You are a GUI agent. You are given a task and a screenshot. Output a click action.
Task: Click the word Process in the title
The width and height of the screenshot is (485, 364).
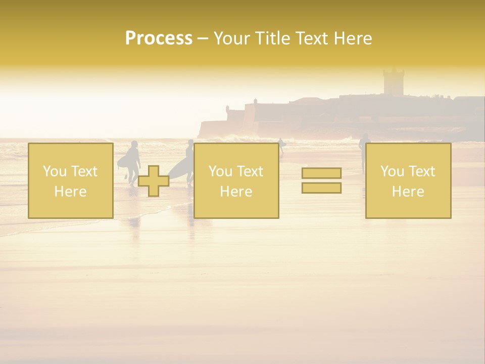tap(159, 38)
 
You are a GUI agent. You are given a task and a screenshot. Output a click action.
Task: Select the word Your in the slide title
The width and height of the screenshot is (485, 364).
tap(233, 38)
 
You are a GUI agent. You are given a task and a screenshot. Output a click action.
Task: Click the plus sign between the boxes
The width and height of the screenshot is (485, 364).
tap(154, 181)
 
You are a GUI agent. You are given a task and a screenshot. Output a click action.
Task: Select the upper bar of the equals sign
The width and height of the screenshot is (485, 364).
tap(321, 173)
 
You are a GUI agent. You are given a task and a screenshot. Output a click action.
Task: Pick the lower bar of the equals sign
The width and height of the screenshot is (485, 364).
tap(321, 188)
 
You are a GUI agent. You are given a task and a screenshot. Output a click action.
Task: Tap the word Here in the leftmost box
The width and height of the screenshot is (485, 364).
tap(70, 192)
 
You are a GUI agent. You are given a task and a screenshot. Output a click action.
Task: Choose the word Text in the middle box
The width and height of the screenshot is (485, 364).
tap(250, 171)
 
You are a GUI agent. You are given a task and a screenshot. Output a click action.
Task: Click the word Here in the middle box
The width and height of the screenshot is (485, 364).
tap(236, 192)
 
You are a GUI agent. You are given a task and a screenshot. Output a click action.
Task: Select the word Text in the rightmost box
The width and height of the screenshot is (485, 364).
tap(422, 171)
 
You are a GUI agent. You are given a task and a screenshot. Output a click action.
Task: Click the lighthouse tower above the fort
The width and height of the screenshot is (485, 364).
tap(393, 81)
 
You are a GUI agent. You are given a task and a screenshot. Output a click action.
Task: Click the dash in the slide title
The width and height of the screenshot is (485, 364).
tap(203, 39)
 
